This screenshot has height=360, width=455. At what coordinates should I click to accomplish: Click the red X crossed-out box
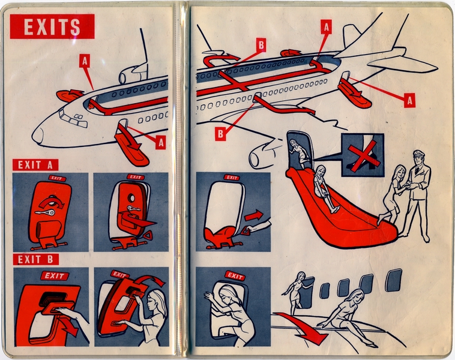tap(363, 155)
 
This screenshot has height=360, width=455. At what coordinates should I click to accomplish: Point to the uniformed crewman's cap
tap(418, 154)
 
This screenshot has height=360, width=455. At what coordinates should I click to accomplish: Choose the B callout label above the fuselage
tap(261, 44)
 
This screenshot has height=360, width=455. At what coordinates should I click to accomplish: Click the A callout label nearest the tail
tap(410, 101)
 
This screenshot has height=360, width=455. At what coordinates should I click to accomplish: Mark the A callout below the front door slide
tap(160, 142)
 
